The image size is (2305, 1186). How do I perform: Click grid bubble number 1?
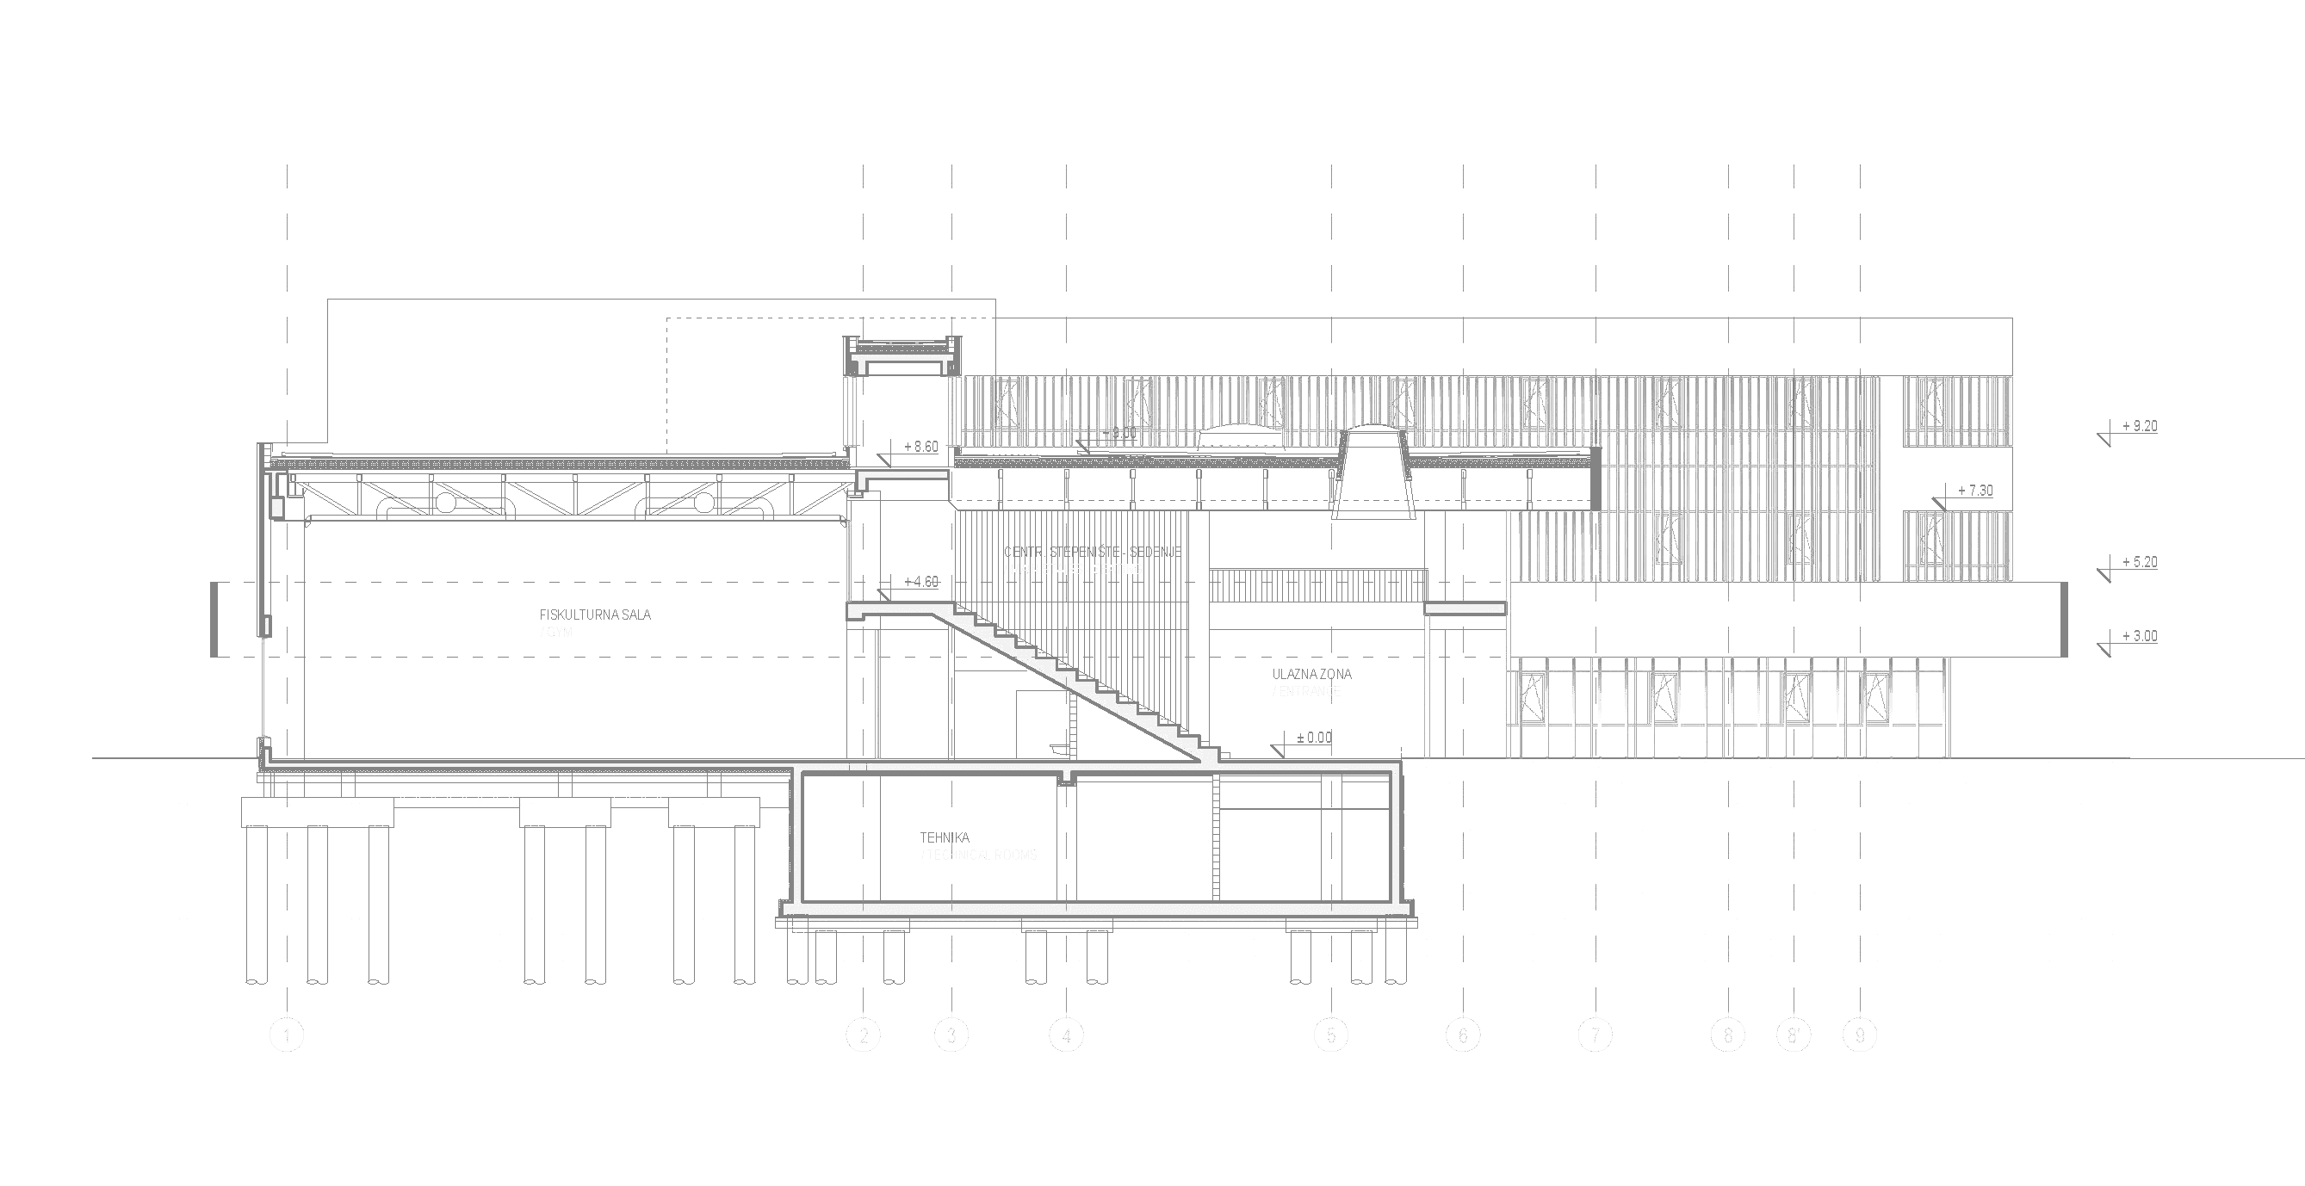click(287, 1035)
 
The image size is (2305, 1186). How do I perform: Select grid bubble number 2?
click(864, 1035)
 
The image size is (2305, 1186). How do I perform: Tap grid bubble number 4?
click(1066, 1035)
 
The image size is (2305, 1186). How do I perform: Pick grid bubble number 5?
click(1330, 1035)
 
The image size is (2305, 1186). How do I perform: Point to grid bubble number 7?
click(1595, 1035)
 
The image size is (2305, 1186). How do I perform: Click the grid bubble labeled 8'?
click(1794, 1035)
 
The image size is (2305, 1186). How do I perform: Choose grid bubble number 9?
click(1859, 1035)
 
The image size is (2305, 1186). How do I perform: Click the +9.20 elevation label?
click(2139, 427)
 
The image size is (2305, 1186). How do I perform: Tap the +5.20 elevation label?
click(2139, 563)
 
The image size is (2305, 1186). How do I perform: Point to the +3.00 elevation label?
click(2139, 637)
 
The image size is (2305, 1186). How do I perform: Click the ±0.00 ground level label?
click(1313, 738)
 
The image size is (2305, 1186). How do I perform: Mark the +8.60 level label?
click(920, 447)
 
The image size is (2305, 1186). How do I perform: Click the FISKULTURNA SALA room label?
click(595, 615)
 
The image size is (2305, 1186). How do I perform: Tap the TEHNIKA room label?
click(945, 838)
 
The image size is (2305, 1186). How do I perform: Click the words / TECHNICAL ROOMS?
click(979, 855)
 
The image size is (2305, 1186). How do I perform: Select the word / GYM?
click(555, 633)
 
